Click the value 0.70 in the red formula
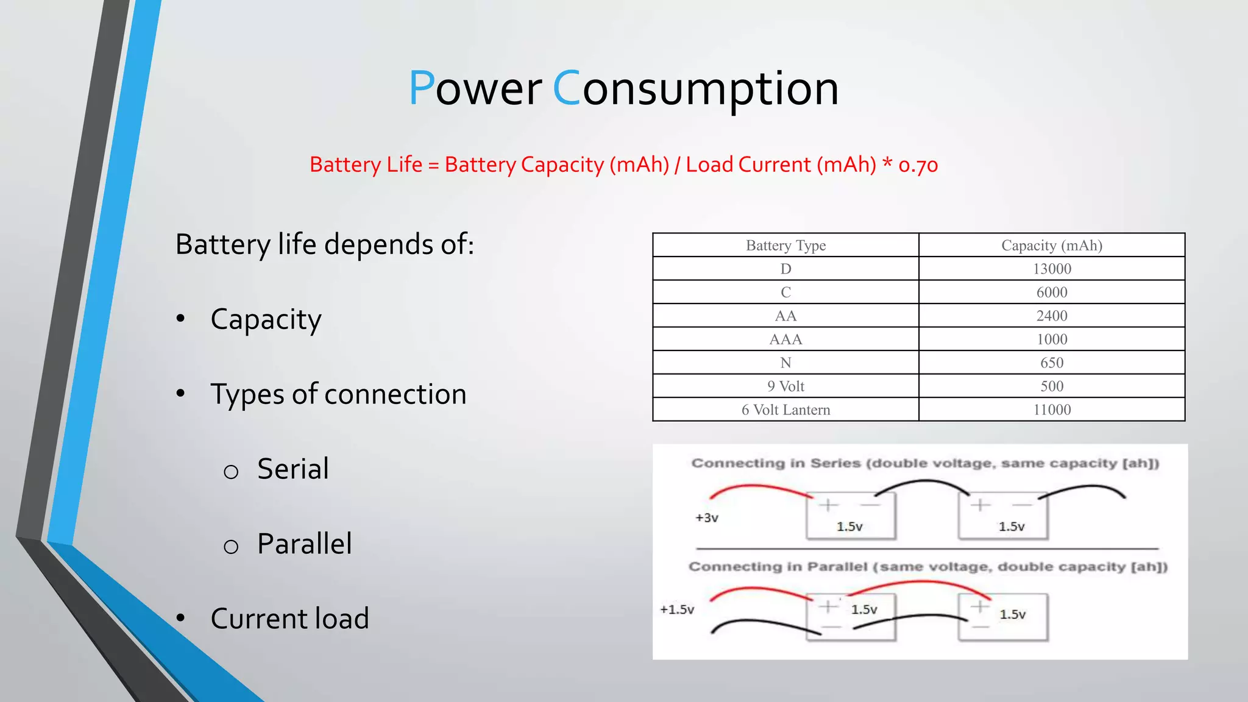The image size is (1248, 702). (918, 165)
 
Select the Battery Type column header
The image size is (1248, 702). (785, 245)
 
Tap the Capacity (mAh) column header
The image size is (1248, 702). (1052, 245)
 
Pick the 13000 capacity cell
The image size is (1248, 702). (1052, 269)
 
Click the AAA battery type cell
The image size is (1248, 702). (785, 339)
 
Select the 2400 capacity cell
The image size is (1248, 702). (1052, 316)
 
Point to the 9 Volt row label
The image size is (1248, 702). (785, 386)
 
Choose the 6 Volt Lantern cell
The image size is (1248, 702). (785, 409)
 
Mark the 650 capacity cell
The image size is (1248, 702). (1052, 363)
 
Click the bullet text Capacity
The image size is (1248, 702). (266, 319)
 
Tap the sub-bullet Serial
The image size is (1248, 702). (292, 469)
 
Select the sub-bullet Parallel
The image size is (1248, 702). (304, 544)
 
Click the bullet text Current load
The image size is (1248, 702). (289, 619)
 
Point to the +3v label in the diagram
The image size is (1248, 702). (707, 518)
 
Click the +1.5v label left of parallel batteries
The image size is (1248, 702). (677, 609)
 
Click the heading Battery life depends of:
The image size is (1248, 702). (324, 244)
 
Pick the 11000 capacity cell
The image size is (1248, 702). (1052, 409)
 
